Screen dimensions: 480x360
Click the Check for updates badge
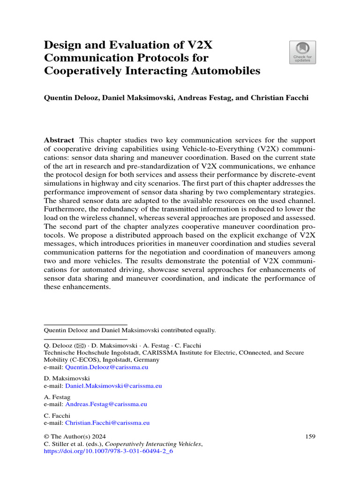pyautogui.click(x=302, y=52)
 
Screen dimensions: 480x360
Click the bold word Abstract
pyautogui.click(x=59, y=140)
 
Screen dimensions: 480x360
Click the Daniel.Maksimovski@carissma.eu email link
pyautogui.click(x=113, y=386)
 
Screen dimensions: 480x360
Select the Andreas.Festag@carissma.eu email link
pyautogui.click(x=109, y=404)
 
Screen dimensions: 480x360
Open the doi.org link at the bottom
pyautogui.click(x=108, y=451)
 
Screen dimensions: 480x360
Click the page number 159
pyautogui.click(x=310, y=436)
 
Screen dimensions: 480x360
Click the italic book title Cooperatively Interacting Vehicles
pyautogui.click(x=153, y=444)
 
